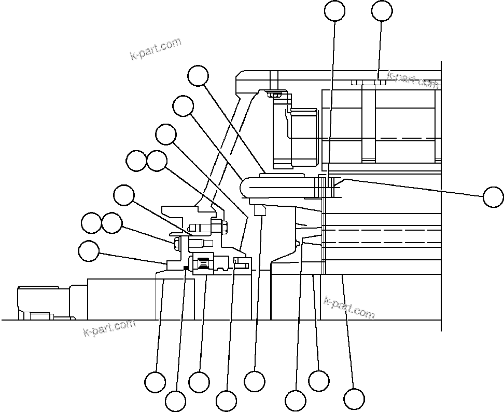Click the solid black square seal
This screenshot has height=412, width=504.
pos(185,268)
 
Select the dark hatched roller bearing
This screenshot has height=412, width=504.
pos(204,264)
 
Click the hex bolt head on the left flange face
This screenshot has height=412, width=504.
pos(177,243)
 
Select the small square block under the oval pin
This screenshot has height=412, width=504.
pos(260,210)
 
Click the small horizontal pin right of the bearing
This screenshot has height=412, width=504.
pos(242,265)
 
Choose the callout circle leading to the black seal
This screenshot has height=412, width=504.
pos(175,401)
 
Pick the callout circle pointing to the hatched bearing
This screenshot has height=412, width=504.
pos(199,382)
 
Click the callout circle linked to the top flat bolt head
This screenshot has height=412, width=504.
pos(382,11)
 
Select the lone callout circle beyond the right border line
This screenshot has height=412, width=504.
pos(493,197)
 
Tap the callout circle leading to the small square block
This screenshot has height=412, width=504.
pos(255,381)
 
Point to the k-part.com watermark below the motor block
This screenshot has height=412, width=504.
pos(109,327)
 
